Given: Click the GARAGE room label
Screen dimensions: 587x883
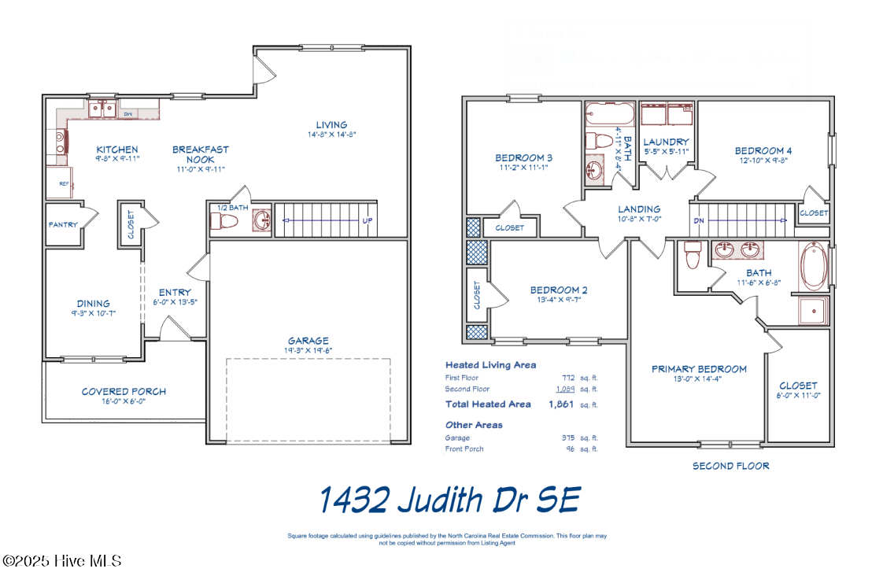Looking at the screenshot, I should tap(308, 341).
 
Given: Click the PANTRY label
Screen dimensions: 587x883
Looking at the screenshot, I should tap(63, 225).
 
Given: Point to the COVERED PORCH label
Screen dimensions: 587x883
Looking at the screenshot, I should tap(124, 391).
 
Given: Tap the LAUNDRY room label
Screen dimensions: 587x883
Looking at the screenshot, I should tap(666, 142).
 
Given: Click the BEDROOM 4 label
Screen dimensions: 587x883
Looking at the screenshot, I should tap(763, 151).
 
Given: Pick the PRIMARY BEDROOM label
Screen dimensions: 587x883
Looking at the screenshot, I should tap(699, 369).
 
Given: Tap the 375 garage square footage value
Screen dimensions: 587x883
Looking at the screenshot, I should tap(567, 437).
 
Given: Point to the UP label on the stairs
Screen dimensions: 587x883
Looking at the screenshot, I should tap(367, 221).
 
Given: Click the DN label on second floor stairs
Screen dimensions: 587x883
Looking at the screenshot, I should tap(698, 221).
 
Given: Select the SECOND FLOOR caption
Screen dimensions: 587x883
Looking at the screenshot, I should tap(730, 466).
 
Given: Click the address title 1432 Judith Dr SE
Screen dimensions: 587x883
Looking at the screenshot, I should tap(449, 499).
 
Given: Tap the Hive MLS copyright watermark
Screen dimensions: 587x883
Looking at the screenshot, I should tap(62, 561).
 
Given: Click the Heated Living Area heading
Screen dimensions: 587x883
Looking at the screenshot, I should tap(490, 365).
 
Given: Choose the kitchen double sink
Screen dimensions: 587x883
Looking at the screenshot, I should tap(102, 109).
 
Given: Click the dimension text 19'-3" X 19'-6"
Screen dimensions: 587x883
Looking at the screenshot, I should tap(308, 351).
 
